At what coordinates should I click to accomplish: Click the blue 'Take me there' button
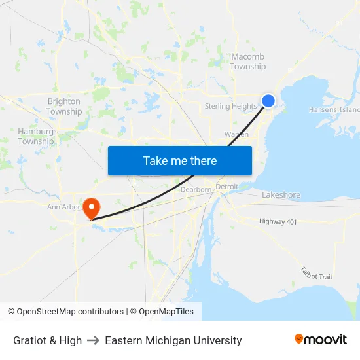tap(180, 160)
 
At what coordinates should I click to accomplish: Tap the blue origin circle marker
tap(268, 100)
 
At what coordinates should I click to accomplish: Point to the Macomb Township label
tap(247, 62)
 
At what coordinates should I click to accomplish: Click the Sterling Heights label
tap(230, 106)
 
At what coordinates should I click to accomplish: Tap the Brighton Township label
tap(63, 107)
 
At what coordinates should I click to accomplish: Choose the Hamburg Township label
tap(35, 136)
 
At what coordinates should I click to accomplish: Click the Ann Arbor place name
tap(63, 207)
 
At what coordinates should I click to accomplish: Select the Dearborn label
tap(196, 190)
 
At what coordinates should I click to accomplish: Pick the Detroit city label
tap(227, 187)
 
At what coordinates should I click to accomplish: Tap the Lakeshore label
tap(281, 195)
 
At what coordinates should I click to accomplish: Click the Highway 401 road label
tap(278, 222)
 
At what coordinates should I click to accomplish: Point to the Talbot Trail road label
tap(316, 273)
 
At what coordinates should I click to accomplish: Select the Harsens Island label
tap(334, 110)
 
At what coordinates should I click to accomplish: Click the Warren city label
tap(236, 134)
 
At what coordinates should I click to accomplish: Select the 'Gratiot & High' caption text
tap(47, 340)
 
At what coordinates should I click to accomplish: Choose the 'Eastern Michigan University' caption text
tap(173, 340)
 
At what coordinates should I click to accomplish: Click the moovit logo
tap(321, 340)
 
